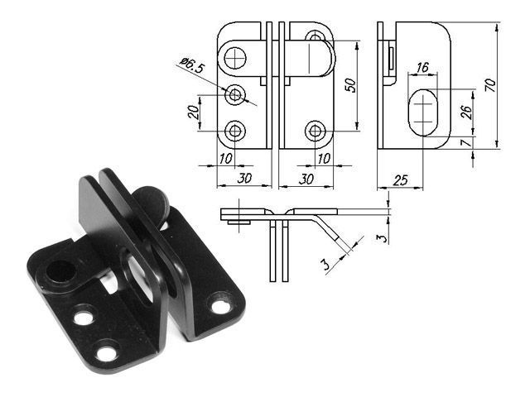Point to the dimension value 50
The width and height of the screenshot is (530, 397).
[351, 84]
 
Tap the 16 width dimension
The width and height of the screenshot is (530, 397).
[423, 66]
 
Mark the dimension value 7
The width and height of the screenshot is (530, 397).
[465, 143]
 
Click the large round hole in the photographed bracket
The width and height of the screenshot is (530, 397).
[60, 270]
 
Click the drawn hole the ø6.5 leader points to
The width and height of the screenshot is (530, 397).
[236, 95]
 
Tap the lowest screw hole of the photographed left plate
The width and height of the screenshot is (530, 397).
[105, 353]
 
